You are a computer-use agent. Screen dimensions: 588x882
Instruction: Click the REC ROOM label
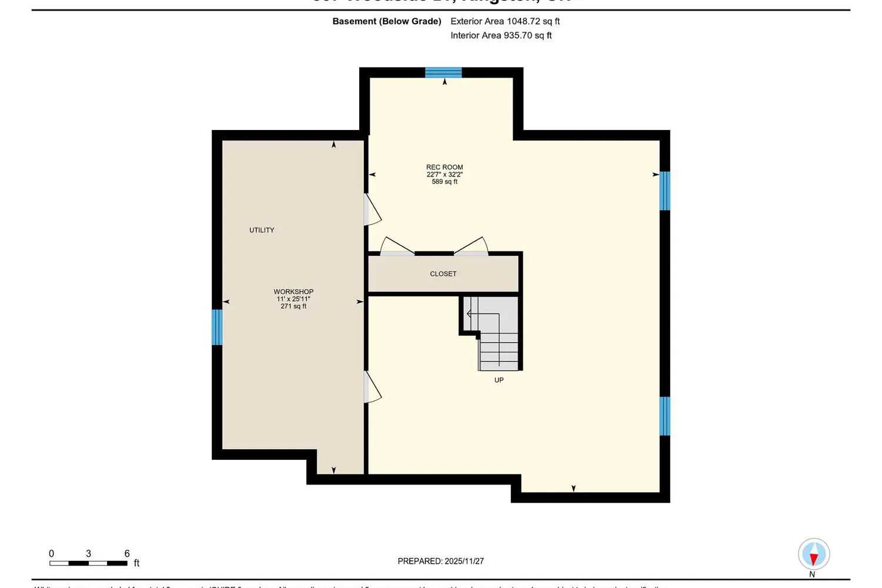[445, 168]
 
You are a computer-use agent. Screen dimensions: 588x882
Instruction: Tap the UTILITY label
[262, 230]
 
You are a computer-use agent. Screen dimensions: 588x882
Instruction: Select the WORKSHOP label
[293, 292]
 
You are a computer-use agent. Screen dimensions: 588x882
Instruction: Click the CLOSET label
[443, 274]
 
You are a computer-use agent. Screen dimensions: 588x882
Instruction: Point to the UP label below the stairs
[499, 380]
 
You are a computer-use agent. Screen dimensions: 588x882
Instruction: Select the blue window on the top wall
[443, 73]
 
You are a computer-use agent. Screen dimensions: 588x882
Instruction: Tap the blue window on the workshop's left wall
[217, 327]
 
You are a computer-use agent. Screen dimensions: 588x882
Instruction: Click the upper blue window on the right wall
[664, 191]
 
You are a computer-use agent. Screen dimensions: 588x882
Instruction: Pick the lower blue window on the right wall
[664, 416]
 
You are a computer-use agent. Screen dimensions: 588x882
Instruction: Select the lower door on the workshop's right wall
[372, 387]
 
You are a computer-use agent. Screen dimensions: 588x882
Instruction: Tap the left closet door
[397, 246]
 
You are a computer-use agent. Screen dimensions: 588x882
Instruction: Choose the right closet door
[471, 246]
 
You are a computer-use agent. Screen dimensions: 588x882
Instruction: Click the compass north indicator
[814, 554]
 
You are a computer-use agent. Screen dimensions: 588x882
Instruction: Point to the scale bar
[88, 563]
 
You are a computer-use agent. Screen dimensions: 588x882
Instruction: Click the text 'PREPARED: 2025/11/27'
[440, 562]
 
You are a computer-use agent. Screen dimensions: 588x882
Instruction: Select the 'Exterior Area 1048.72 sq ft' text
[505, 21]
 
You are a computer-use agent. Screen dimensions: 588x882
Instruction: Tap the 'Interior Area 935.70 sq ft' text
[501, 35]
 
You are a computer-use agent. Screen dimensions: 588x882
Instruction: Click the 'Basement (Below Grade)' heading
[386, 21]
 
